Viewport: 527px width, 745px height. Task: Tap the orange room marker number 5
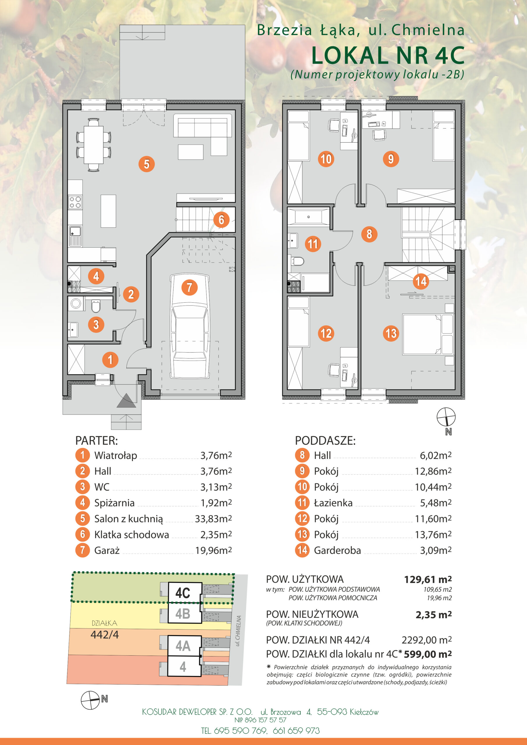146,164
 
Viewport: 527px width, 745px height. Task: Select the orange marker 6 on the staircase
222,220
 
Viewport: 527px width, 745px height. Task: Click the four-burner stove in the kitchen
75,202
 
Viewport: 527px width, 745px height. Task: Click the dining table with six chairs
93,145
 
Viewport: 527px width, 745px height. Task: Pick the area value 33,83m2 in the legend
213,519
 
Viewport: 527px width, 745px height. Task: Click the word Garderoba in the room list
337,550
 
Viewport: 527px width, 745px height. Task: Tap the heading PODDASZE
325,441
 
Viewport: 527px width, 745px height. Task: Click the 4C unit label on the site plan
183,593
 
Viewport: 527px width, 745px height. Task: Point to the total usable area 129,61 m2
428,579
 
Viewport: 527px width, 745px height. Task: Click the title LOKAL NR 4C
388,56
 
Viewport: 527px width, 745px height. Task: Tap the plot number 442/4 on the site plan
105,634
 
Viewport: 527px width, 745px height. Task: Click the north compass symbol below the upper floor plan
446,417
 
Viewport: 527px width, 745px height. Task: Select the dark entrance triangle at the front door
126,400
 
